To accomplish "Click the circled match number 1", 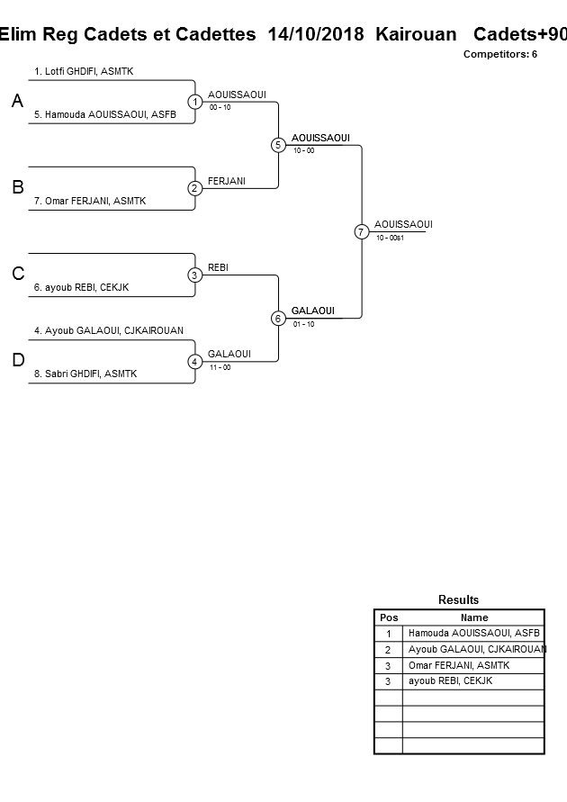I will coord(194,102).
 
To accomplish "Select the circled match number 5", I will coord(278,145).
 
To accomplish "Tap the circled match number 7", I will coord(361,231).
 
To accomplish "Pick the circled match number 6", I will coord(278,318).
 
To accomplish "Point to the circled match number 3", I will coord(194,275).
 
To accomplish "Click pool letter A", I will coord(17,102).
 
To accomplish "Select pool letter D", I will coord(17,361).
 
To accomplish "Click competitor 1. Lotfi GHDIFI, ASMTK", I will coord(84,71).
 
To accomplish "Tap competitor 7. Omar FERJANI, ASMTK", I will coord(90,202).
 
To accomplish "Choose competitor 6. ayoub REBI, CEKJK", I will coord(82,288).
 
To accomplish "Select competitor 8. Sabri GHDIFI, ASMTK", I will coord(85,374).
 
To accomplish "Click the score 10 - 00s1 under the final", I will coord(390,238).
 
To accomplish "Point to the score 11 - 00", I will coord(220,367).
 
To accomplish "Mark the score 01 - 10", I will coord(303,324).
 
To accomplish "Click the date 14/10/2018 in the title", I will coord(316,34).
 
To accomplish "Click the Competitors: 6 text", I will coord(500,54).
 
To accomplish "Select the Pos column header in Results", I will coord(389,617).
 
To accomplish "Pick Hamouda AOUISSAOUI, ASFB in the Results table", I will coord(474,634).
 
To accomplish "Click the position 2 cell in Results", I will coord(388,650).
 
